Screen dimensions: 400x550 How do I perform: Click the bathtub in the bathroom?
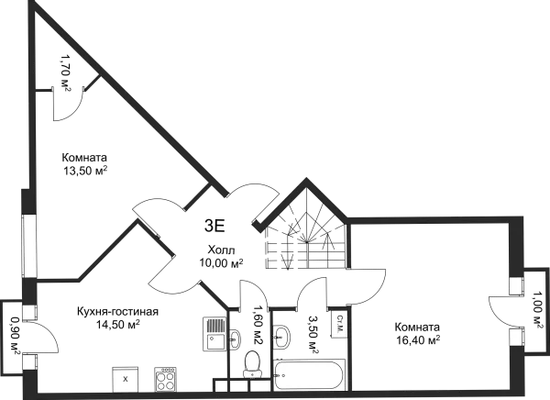click(x=310, y=374)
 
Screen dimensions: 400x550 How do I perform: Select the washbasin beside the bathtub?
click(x=281, y=338)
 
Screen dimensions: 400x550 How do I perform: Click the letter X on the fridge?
click(x=125, y=378)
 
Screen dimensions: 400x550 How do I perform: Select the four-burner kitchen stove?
click(x=166, y=378)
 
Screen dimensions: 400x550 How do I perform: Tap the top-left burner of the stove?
click(x=160, y=372)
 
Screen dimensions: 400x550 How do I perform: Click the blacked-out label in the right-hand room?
click(x=413, y=333)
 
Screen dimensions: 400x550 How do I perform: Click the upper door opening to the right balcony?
click(x=516, y=283)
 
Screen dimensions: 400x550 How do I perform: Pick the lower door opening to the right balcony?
click(x=516, y=336)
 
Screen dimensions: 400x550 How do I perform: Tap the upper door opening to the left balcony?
click(x=30, y=312)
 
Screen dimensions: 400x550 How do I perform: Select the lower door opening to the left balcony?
click(x=30, y=361)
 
